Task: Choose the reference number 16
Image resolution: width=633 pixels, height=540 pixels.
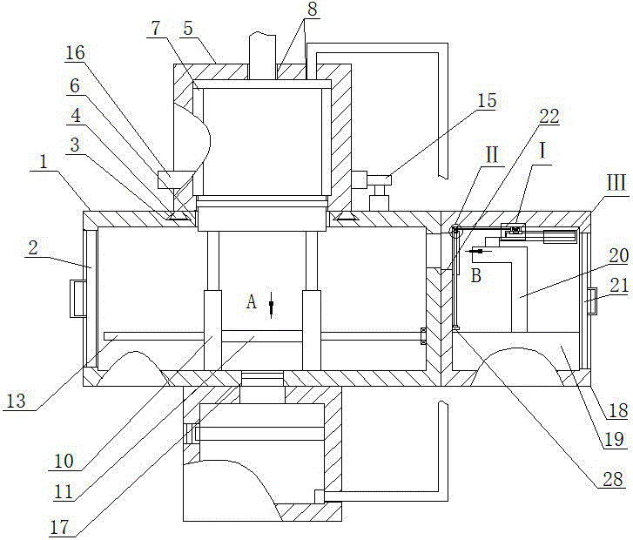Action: (76, 53)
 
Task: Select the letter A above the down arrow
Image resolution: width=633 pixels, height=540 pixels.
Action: (252, 302)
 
